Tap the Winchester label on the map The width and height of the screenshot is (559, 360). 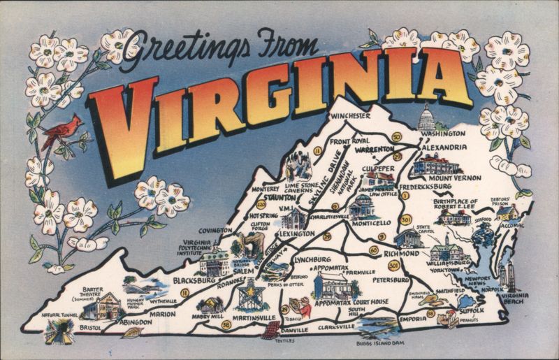[x=350, y=115]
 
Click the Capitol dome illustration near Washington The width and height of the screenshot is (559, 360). [x=426, y=118]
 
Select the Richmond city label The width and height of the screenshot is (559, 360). [x=400, y=254]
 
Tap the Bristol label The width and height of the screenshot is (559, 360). [x=89, y=326]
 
